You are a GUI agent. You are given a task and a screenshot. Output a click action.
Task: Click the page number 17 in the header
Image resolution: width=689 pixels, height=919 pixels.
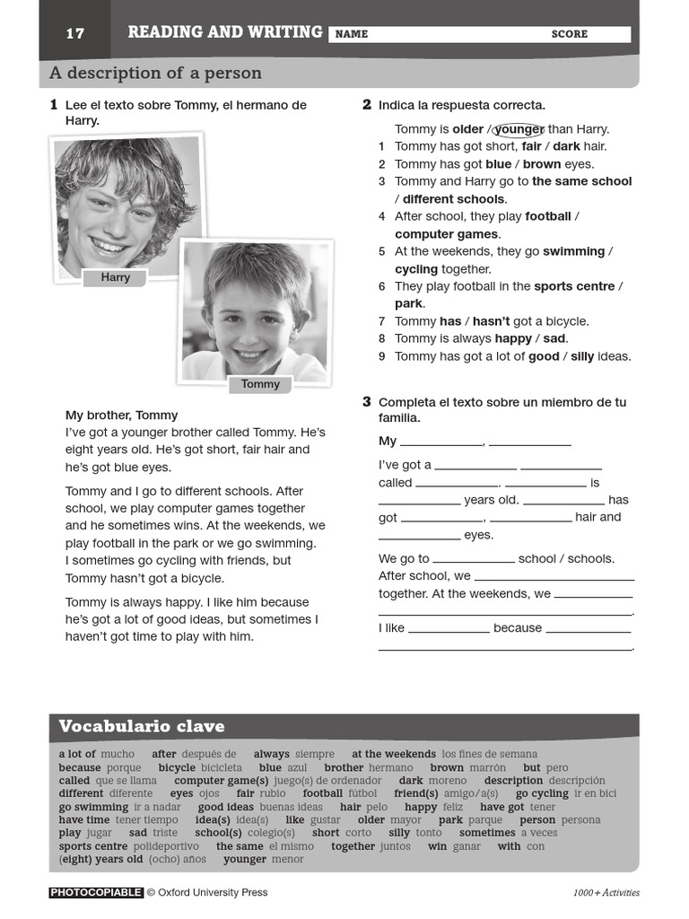(x=74, y=33)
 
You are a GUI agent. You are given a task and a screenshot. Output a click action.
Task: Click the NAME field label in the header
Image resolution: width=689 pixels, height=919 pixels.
(x=352, y=34)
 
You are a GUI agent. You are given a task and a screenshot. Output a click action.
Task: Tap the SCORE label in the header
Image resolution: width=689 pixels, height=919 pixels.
(x=569, y=34)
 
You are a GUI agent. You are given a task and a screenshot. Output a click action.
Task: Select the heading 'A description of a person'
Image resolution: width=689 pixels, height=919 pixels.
(x=155, y=74)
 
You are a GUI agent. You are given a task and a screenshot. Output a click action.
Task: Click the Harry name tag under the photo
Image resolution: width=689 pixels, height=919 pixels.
(x=116, y=278)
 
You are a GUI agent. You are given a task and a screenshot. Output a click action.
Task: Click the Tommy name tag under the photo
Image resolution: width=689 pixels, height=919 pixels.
(x=260, y=384)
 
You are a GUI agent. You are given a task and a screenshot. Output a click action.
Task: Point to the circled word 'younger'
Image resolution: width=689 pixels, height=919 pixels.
(x=519, y=129)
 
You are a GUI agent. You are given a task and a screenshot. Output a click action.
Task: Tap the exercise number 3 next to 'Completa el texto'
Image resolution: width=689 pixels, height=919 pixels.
(x=367, y=402)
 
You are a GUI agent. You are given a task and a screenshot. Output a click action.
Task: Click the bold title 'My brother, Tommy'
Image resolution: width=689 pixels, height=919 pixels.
(x=121, y=416)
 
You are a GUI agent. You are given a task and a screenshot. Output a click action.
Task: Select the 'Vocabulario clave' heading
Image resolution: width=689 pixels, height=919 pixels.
(x=142, y=726)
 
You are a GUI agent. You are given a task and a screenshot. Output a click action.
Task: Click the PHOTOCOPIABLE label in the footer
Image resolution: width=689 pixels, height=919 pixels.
(x=96, y=892)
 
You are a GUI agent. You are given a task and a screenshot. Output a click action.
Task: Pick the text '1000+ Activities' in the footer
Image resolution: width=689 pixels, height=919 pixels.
(x=606, y=893)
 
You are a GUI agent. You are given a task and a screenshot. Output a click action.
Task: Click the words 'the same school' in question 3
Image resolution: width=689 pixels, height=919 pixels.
(x=581, y=181)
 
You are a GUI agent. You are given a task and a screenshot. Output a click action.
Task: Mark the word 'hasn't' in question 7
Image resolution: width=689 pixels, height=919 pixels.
(x=491, y=321)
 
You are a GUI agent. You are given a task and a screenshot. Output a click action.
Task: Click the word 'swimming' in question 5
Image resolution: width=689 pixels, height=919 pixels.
(x=574, y=251)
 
